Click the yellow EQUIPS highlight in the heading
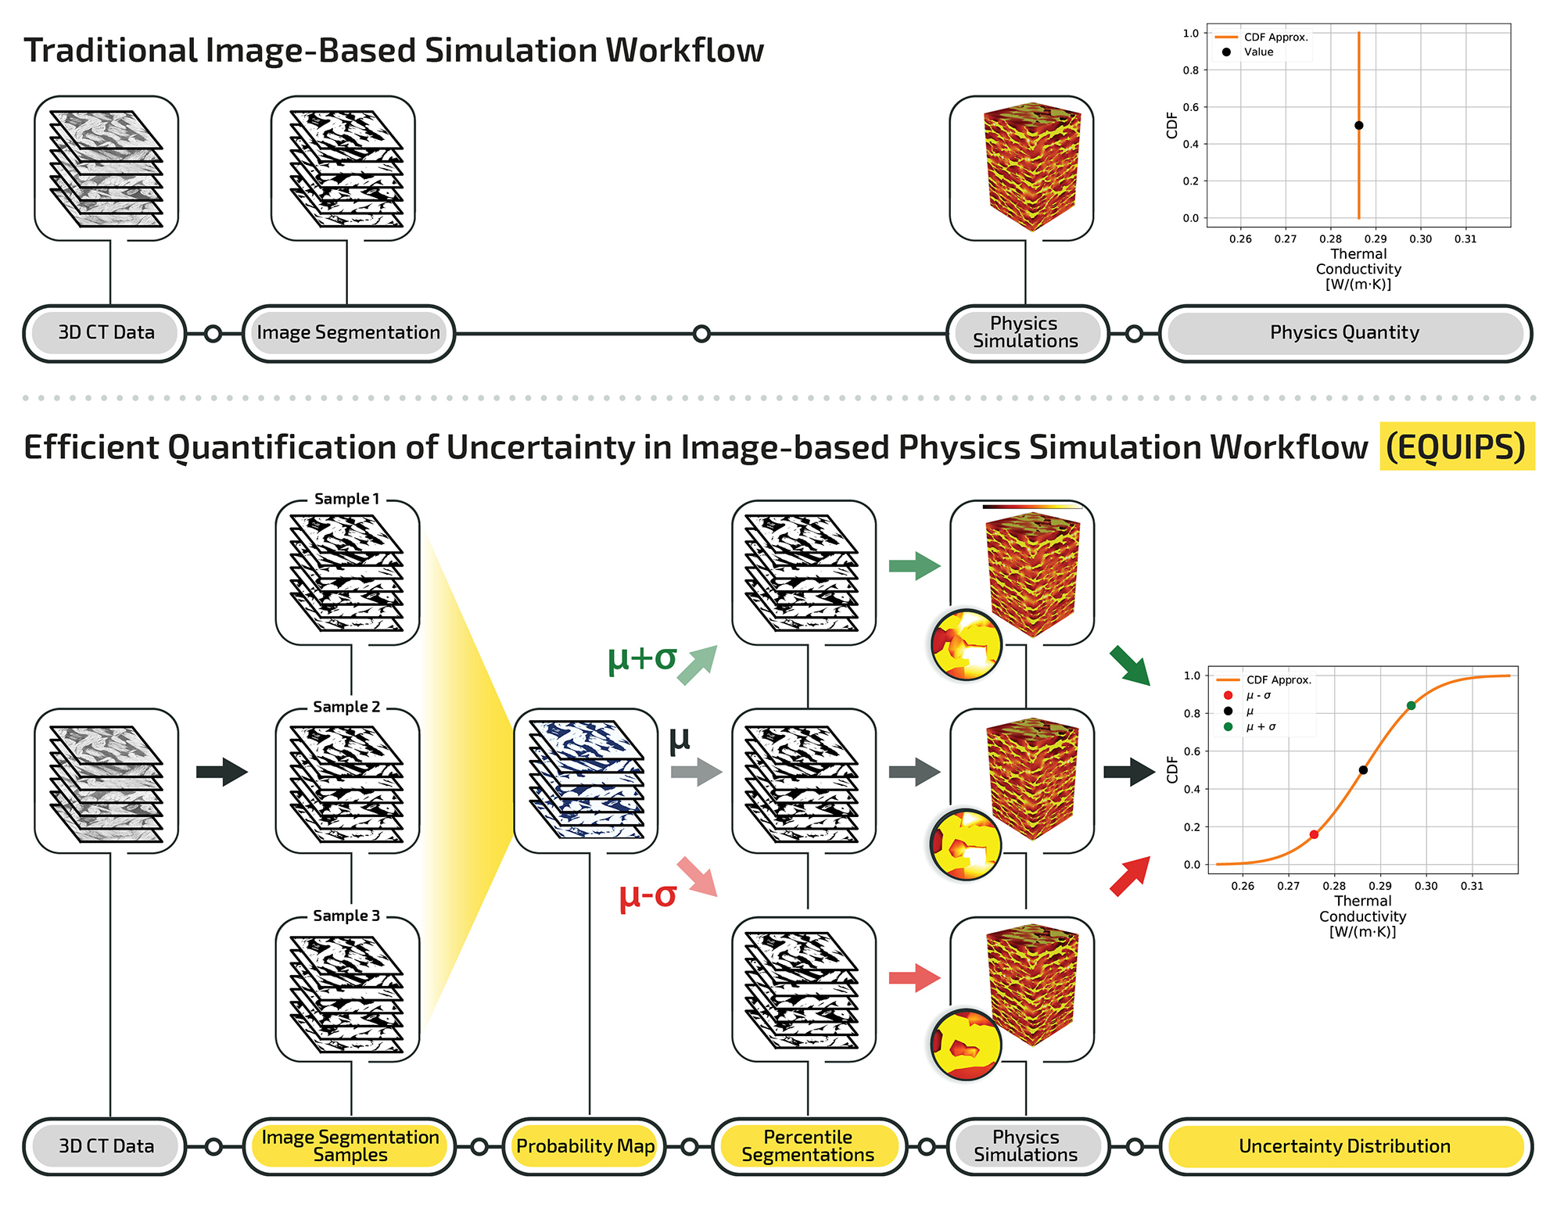(x=1456, y=447)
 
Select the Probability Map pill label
(x=585, y=1146)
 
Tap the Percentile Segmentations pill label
(x=808, y=1146)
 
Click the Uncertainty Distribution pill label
(x=1344, y=1146)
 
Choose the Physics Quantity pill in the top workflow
(x=1344, y=333)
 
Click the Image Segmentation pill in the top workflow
(x=348, y=333)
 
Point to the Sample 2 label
(x=346, y=707)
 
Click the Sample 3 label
(x=346, y=916)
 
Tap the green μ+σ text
(x=641, y=658)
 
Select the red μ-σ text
(x=647, y=896)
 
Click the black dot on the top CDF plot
(x=1359, y=125)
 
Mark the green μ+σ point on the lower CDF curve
(x=1411, y=706)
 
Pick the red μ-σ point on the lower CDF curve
(x=1314, y=835)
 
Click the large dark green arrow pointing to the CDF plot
(x=1130, y=666)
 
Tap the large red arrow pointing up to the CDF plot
(x=1131, y=876)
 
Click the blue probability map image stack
(x=586, y=780)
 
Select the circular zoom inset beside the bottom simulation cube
(x=967, y=1045)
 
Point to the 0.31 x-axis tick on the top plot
(x=1465, y=239)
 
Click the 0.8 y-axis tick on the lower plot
(x=1192, y=713)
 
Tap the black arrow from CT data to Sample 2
(x=222, y=772)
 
